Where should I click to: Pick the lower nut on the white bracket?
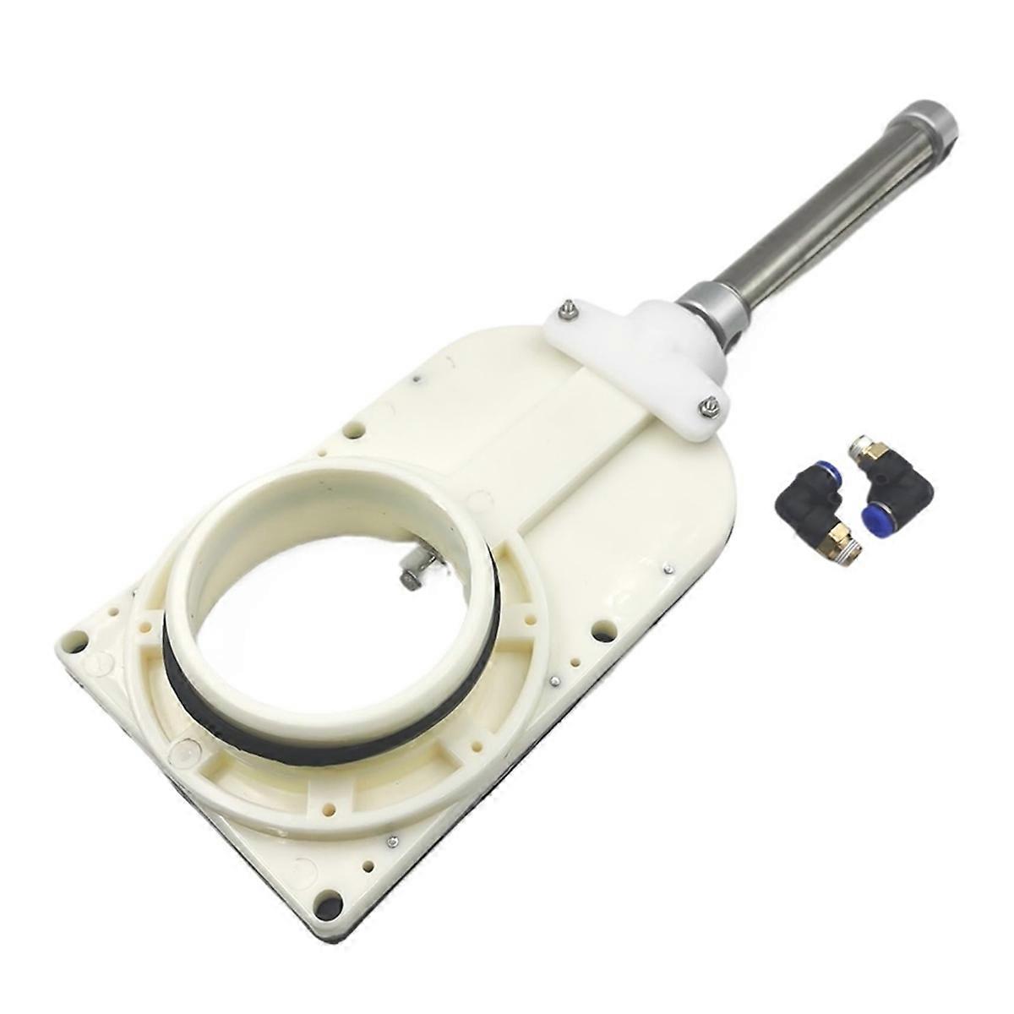tap(708, 407)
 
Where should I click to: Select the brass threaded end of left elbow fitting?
tap(845, 537)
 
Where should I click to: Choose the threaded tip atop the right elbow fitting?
tap(860, 445)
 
